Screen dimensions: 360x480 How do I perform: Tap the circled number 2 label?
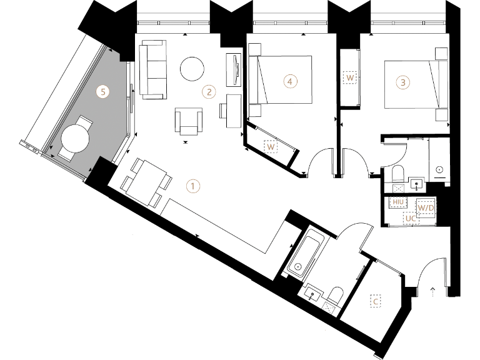pyautogui.click(x=210, y=92)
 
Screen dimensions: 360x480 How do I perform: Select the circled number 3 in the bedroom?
pyautogui.click(x=403, y=82)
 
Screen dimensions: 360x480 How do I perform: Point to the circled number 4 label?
pyautogui.click(x=288, y=81)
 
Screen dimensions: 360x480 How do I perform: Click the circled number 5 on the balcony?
pyautogui.click(x=105, y=91)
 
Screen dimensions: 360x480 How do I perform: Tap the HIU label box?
pyautogui.click(x=397, y=202)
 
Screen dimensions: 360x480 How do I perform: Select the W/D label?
pyautogui.click(x=426, y=206)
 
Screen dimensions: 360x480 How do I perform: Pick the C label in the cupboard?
pyautogui.click(x=376, y=302)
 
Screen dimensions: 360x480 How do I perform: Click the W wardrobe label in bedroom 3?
pyautogui.click(x=350, y=78)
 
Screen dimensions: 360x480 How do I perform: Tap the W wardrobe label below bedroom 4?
pyautogui.click(x=271, y=147)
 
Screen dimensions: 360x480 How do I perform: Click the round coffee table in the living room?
pyautogui.click(x=192, y=69)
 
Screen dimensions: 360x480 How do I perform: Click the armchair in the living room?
pyautogui.click(x=189, y=119)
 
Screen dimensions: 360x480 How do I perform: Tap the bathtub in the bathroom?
pyautogui.click(x=304, y=254)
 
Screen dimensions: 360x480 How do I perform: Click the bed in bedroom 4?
pyautogui.click(x=281, y=79)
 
